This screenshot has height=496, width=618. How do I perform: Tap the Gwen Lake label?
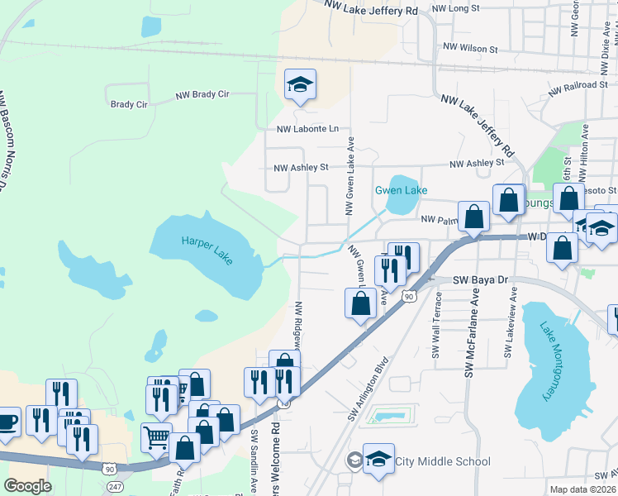click(402, 190)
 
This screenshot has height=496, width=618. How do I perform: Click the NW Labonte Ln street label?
click(307, 129)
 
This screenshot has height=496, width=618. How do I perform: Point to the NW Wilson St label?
click(470, 49)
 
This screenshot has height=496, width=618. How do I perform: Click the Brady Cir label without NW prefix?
click(128, 105)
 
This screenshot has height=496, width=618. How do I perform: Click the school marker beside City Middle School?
click(378, 459)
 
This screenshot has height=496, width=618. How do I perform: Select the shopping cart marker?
click(156, 436)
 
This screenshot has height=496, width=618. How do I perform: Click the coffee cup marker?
click(7, 421)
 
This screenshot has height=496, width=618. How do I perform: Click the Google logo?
click(28, 486)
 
